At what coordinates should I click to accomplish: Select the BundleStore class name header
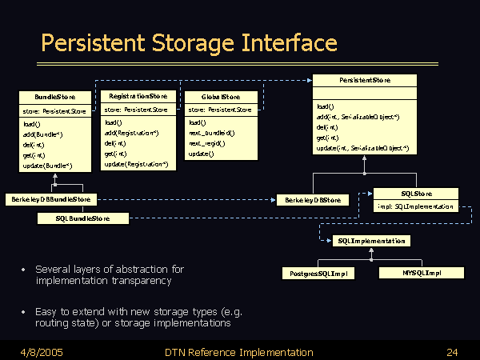tap(55, 97)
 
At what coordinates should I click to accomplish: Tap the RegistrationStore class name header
tap(138, 96)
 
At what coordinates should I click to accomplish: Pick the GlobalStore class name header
tap(219, 97)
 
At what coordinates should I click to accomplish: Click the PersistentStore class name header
tap(364, 81)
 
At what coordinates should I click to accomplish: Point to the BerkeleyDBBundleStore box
tap(52, 199)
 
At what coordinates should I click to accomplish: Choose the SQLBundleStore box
tap(82, 218)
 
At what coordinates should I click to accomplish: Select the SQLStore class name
tap(416, 194)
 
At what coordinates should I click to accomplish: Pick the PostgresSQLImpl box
tap(318, 273)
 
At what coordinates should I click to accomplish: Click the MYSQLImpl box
tap(422, 273)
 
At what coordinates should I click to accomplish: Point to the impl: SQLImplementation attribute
tap(416, 206)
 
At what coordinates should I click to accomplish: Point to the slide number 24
tap(452, 352)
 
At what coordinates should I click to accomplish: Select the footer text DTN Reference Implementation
tap(238, 352)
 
